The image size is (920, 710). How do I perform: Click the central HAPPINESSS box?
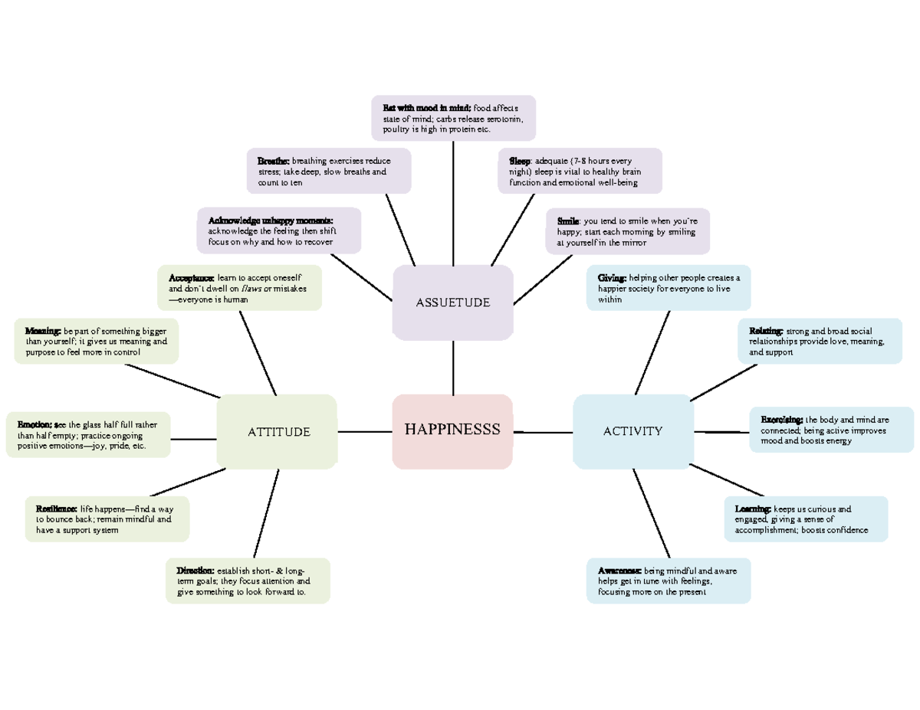tap(452, 430)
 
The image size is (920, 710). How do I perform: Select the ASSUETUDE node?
tap(452, 303)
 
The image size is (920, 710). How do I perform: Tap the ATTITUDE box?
tap(278, 431)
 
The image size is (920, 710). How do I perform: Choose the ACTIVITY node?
tap(632, 431)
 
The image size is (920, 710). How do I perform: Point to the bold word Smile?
tap(568, 221)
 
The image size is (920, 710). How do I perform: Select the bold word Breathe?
tap(273, 162)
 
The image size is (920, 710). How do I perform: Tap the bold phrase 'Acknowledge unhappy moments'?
tap(271, 221)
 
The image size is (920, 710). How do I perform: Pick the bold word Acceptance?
tap(191, 277)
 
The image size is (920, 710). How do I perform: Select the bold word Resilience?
tap(56, 509)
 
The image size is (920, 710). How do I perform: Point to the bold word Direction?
tap(195, 571)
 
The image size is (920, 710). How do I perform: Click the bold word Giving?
tap(612, 278)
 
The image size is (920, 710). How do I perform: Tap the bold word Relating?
tap(766, 331)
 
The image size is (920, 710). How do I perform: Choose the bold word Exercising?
tap(781, 420)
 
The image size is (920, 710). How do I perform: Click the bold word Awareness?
tap(619, 571)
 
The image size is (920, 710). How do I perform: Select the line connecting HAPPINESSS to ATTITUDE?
tap(364, 431)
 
